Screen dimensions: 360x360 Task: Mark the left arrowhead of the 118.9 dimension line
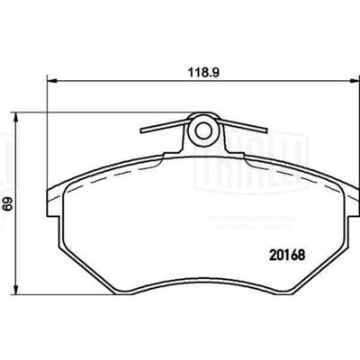[49, 80]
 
